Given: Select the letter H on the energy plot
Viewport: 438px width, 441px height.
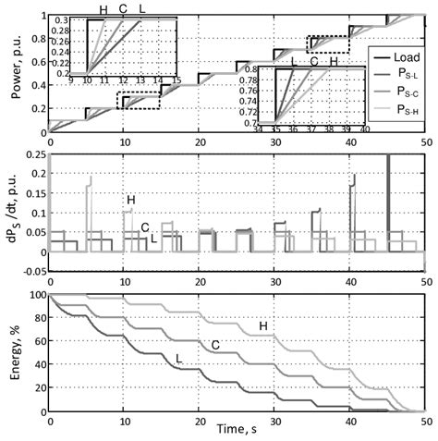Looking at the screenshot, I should click(263, 325).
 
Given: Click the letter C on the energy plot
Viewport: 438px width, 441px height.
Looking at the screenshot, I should click(214, 345).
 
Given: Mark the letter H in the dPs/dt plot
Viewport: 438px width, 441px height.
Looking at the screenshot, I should click(131, 200).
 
